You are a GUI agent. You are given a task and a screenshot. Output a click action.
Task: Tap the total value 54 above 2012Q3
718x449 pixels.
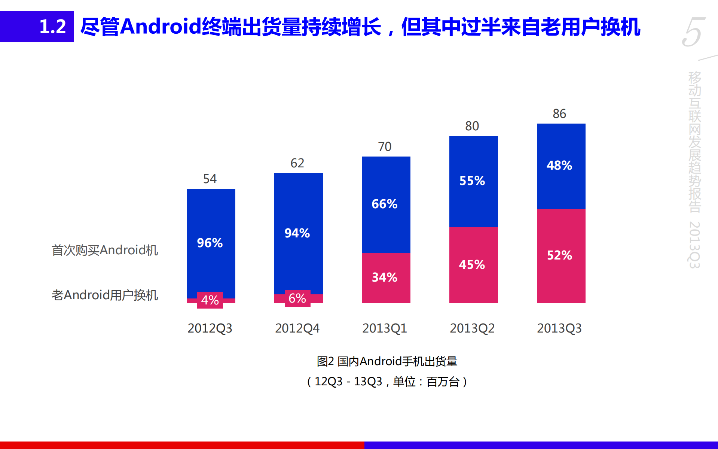click(x=210, y=179)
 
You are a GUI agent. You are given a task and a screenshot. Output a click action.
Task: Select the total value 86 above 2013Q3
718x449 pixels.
click(x=559, y=114)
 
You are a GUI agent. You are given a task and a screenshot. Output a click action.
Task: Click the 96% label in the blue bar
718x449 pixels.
click(x=210, y=243)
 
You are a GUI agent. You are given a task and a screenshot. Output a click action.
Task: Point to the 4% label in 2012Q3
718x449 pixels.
click(x=210, y=300)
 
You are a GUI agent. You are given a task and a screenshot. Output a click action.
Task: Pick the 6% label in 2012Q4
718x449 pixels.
click(x=297, y=298)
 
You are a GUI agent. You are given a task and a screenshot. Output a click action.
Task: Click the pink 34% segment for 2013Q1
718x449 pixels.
click(x=386, y=278)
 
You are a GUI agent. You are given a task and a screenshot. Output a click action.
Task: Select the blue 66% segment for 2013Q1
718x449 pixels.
click(x=386, y=204)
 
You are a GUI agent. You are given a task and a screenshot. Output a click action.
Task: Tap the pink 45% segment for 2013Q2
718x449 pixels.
click(x=473, y=265)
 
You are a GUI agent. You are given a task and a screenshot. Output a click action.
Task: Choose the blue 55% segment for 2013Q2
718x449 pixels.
click(x=473, y=181)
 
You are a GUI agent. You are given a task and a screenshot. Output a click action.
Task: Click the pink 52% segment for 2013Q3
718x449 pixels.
click(x=561, y=256)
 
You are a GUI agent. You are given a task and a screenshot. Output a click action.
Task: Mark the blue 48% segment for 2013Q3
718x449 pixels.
click(x=561, y=166)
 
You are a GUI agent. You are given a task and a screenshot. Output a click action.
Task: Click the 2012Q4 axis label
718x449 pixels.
click(x=297, y=328)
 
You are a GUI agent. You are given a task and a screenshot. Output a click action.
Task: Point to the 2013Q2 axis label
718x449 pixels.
click(x=472, y=328)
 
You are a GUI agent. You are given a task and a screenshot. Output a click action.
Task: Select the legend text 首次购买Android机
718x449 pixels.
click(x=105, y=250)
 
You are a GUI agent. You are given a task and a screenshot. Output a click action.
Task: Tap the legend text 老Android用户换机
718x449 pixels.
click(x=105, y=295)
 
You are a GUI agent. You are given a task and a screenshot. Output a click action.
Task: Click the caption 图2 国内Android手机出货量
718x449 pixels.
click(x=387, y=361)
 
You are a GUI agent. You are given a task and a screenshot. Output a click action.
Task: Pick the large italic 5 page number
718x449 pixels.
click(x=693, y=32)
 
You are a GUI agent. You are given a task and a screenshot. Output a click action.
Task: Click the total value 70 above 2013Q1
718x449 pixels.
click(x=385, y=147)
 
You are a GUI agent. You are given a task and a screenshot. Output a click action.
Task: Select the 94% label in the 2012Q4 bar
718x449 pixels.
click(x=297, y=233)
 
